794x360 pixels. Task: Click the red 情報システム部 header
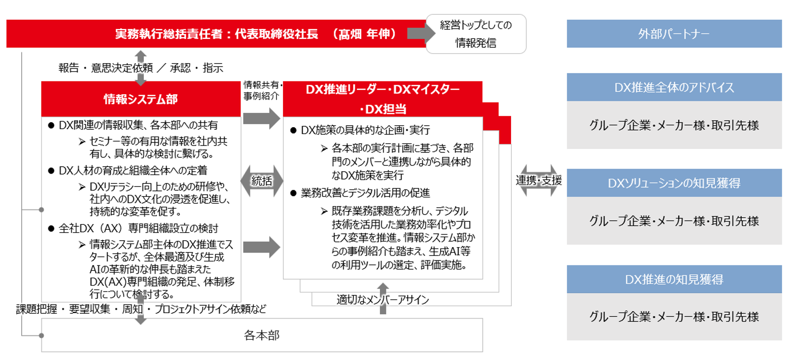tap(140, 99)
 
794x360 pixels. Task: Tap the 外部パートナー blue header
tap(674, 34)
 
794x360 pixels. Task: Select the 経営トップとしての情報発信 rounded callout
tap(476, 34)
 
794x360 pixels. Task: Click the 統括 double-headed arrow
tap(262, 181)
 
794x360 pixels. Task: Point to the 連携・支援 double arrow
tap(539, 180)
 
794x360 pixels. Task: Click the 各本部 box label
tap(262, 335)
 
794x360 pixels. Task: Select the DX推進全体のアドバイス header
tap(674, 87)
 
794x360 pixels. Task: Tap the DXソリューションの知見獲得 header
tap(674, 183)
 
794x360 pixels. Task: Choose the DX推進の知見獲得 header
tap(674, 279)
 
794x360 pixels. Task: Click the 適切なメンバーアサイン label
tap(382, 299)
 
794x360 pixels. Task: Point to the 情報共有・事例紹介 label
tap(262, 90)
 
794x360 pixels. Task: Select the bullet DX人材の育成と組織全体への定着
tap(133, 171)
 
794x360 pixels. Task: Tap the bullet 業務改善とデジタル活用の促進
tap(365, 193)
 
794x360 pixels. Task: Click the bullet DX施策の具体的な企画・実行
tap(365, 130)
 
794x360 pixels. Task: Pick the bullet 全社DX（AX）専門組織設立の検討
tap(138, 228)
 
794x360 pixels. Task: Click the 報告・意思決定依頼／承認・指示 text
tap(140, 68)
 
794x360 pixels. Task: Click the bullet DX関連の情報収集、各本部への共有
tap(138, 125)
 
